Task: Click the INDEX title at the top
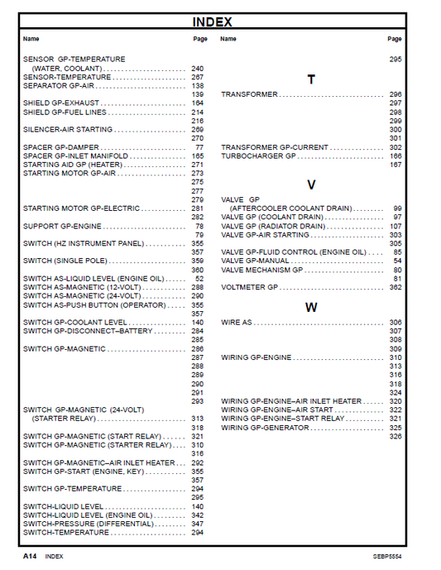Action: pos(212,22)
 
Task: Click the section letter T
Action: pos(311,80)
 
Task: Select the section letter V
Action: pos(311,184)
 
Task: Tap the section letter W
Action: pos(311,307)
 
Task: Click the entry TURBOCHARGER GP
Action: pos(258,156)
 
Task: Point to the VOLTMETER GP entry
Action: pos(249,287)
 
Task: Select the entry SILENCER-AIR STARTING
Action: pos(68,130)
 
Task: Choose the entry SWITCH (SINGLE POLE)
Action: pos(60,261)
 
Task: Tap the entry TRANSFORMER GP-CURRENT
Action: pos(275,147)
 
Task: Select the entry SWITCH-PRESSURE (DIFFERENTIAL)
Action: pos(88,524)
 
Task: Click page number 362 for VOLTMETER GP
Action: pos(395,287)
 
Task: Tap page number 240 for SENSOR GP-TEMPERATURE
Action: pos(197,69)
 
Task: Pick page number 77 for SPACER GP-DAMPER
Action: pos(199,147)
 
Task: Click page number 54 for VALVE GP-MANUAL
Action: pos(397,261)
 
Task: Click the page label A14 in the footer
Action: pos(31,557)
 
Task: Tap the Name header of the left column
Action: pos(31,39)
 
